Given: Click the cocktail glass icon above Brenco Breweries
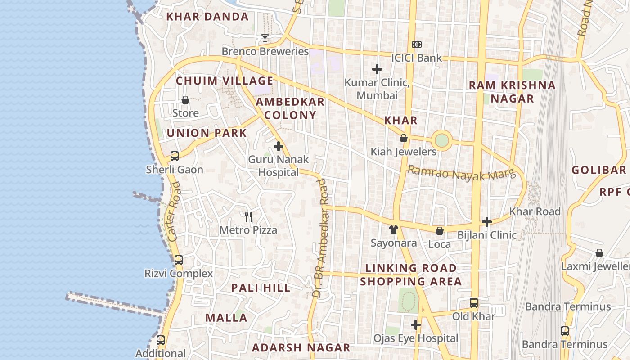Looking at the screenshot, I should point(265,38).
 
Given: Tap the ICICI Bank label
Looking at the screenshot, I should point(416,58).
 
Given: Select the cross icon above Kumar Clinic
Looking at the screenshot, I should point(377,69).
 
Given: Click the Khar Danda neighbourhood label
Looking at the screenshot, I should point(207,17).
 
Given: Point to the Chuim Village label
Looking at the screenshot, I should point(224,81).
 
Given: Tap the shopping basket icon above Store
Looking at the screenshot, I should point(185,100).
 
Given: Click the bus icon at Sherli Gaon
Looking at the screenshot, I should point(175,156).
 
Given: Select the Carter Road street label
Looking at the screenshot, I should point(173,211).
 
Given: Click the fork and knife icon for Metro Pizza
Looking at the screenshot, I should point(248,217).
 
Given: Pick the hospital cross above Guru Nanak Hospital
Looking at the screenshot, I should point(279,146).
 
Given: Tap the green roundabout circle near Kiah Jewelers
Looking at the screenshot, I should point(442,140).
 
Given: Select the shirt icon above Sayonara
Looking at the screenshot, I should point(394,229).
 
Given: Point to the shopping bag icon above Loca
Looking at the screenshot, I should point(440,231).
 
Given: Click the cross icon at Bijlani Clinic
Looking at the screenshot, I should point(486,222).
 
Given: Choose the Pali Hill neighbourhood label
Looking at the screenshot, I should point(261,288).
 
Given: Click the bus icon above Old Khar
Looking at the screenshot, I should point(474,303).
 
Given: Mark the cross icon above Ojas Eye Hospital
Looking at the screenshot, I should point(416,325).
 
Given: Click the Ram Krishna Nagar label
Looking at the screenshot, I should point(512,92).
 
